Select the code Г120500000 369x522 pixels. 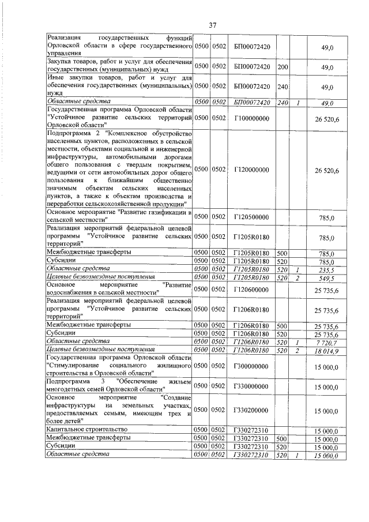pyautogui.click(x=253, y=217)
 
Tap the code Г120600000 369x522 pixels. pyautogui.click(x=253, y=289)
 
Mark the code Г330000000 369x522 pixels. pyautogui.click(x=253, y=386)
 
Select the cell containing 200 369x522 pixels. pyautogui.click(x=283, y=67)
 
